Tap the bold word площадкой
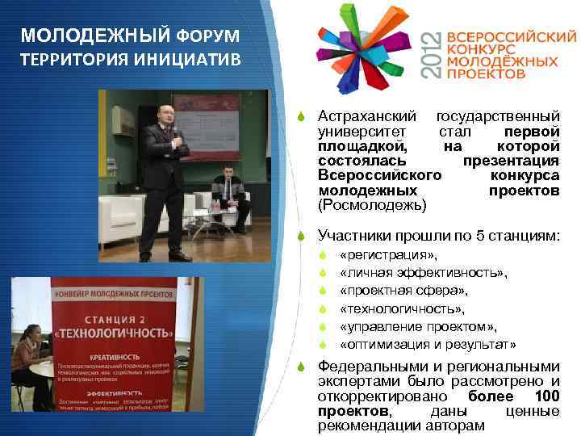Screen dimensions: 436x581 pyautogui.click(x=362, y=146)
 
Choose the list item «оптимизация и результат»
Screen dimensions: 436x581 pyautogui.click(x=428, y=344)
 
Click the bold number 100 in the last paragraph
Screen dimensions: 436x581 pyautogui.click(x=546, y=396)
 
